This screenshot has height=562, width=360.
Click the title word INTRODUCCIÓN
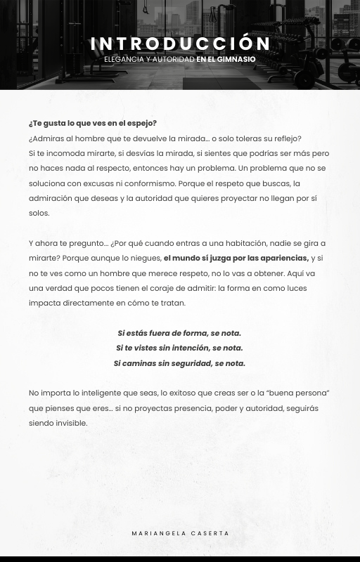180,44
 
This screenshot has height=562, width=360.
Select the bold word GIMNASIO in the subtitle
237,60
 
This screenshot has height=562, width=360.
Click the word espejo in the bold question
143,123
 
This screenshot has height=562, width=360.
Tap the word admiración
50,198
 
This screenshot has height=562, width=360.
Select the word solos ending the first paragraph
39,213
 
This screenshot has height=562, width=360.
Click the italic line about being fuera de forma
179,333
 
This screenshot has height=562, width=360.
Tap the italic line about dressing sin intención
179,348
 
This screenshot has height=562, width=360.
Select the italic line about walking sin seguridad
179,363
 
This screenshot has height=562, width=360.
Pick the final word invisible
72,423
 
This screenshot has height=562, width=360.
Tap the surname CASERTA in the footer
210,533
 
